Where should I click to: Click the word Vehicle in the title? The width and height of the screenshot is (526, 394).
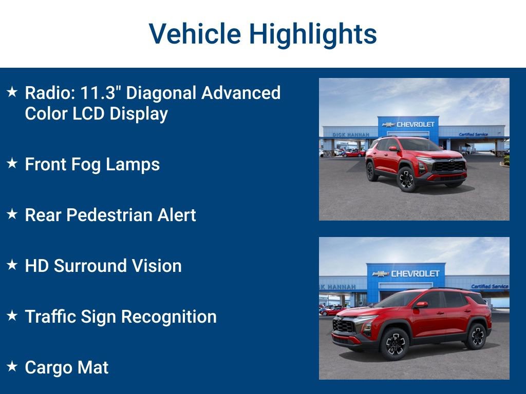coord(195,34)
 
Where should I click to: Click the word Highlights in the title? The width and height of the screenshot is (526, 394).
coord(313,34)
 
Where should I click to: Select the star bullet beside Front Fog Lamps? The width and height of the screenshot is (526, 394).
coord(12,164)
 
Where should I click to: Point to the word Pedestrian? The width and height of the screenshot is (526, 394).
coord(110,215)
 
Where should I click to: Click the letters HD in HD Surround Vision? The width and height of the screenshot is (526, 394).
coord(36,266)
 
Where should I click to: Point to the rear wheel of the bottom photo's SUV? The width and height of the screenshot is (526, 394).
coord(477,337)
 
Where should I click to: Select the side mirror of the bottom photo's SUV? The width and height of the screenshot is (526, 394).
coord(421,305)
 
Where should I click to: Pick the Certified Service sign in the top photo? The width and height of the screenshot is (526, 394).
coord(474,134)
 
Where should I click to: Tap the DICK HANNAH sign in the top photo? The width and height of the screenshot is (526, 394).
coord(351,134)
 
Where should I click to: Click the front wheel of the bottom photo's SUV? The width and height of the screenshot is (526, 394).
coord(394,343)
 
